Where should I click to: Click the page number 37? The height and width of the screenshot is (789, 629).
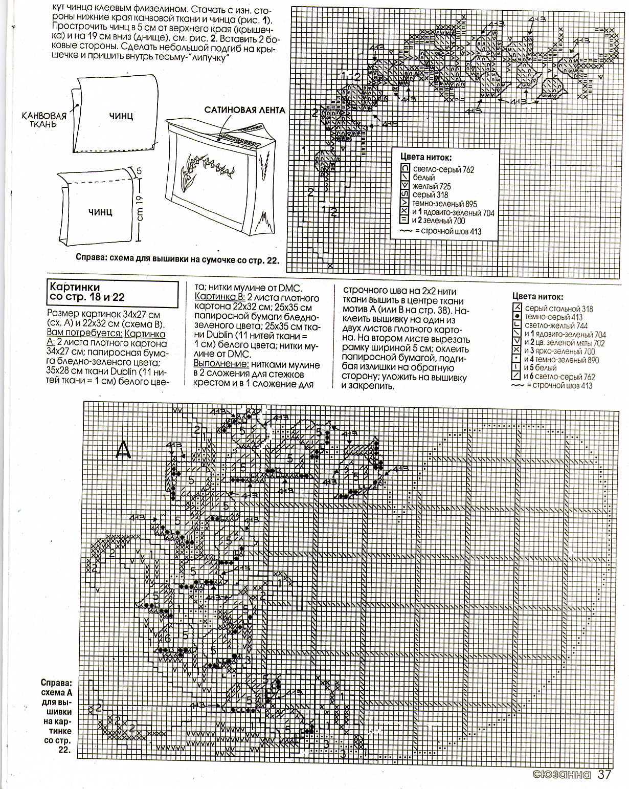[x=604, y=775]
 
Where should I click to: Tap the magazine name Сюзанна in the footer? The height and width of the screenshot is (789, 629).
[x=561, y=775]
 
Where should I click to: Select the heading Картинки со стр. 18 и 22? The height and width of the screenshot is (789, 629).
[x=87, y=292]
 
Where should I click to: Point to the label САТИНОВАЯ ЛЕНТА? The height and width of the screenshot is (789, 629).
[x=244, y=110]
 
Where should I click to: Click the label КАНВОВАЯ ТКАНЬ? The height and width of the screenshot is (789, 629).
[x=44, y=120]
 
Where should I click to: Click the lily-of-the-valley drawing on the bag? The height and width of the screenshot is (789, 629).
[x=205, y=169]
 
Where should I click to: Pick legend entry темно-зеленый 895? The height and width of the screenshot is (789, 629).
[x=444, y=204]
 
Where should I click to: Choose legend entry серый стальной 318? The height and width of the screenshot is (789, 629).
[x=558, y=309]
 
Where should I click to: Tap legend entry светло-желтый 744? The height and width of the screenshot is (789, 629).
[x=556, y=325]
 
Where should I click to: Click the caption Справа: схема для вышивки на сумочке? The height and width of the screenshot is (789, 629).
[x=177, y=259]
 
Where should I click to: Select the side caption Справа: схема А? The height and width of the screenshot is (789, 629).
[x=57, y=688]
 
